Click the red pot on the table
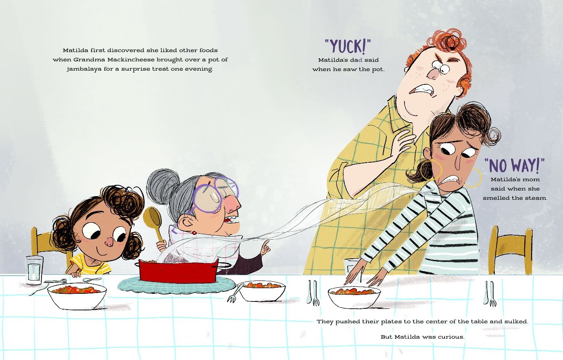178,271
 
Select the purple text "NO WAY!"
514,165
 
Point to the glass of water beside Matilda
34,270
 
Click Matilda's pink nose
110,241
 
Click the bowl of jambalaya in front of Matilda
77,295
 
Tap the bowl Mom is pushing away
354,297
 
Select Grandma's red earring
194,233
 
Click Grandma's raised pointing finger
265,247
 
